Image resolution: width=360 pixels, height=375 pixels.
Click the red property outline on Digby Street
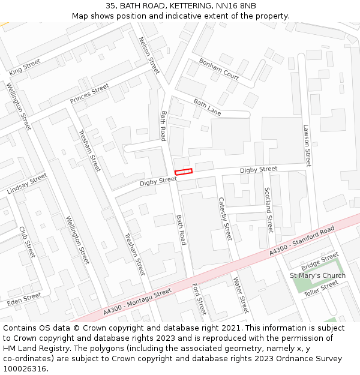point(184,172)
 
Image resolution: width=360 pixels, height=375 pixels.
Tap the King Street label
point(25,67)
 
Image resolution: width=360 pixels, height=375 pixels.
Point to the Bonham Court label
point(219,69)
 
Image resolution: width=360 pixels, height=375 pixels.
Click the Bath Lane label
point(207,108)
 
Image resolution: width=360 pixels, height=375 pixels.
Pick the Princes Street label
point(89,93)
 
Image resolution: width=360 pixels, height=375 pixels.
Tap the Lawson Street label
point(307,146)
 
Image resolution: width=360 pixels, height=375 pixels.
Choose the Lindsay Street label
point(27,183)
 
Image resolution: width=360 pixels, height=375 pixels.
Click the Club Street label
point(28,242)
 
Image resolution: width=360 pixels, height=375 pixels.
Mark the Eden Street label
point(25,297)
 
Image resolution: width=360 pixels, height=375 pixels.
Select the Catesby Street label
point(224,219)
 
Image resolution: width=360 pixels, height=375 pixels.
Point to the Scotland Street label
point(268,210)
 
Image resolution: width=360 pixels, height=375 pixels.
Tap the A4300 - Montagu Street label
point(137,301)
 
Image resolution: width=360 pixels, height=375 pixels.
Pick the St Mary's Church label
point(317,275)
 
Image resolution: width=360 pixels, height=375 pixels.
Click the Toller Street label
point(321,289)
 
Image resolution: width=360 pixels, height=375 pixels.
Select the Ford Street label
point(199,299)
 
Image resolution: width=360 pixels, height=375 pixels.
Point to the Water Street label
point(240,295)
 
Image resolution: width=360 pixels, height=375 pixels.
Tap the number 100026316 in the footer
point(25,368)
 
